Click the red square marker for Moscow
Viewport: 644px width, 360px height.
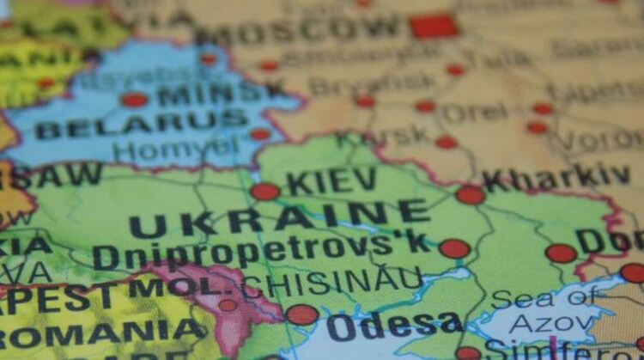click(x=433, y=27)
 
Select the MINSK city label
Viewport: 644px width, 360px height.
click(x=222, y=91)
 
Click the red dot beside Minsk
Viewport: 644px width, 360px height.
click(x=134, y=100)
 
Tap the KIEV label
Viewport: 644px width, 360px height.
click(x=331, y=181)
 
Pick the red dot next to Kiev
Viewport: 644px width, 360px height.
click(x=264, y=192)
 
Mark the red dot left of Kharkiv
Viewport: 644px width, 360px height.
click(x=471, y=195)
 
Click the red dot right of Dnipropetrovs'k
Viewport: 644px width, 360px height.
click(x=454, y=249)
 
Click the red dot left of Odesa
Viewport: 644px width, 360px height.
click(x=301, y=314)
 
